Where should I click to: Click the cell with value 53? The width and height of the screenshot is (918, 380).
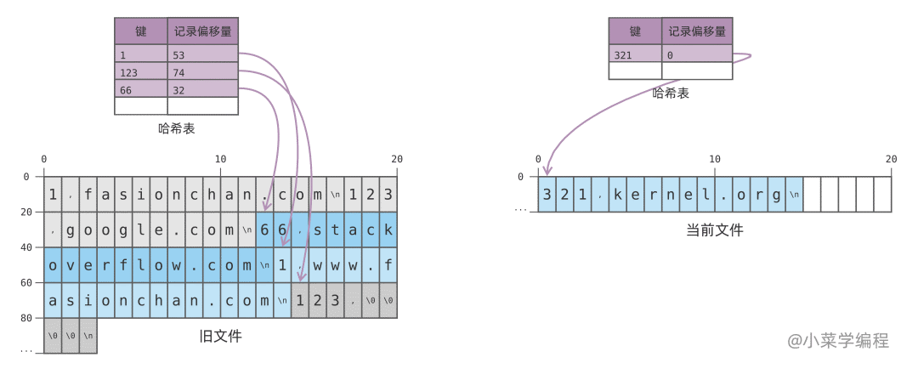tap(202, 55)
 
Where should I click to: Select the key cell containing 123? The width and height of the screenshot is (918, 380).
tap(141, 72)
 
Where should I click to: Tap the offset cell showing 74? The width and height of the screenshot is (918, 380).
tap(202, 72)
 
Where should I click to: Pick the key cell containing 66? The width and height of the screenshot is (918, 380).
tap(141, 89)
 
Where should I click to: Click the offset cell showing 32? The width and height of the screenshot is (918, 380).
tap(202, 89)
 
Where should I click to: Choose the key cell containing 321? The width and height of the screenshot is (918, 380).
tap(635, 55)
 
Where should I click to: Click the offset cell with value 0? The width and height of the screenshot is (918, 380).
tap(697, 55)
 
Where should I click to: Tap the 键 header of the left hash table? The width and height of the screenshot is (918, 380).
tap(141, 32)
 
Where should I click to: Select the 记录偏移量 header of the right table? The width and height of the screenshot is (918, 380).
tap(697, 31)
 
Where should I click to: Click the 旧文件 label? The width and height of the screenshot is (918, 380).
tap(220, 337)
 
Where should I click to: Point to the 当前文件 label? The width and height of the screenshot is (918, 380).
tap(714, 230)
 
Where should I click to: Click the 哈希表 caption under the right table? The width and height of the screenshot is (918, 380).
tap(671, 93)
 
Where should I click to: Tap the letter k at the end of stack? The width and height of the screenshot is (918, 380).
tap(388, 230)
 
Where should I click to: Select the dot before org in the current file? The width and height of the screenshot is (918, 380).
tap(723, 195)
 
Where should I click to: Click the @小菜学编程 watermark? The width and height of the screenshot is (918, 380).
tap(837, 341)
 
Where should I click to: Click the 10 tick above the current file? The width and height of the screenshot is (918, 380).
tap(714, 159)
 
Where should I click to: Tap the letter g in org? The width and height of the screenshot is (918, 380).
tap(776, 195)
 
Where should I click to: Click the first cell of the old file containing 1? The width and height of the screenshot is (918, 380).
tap(53, 195)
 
